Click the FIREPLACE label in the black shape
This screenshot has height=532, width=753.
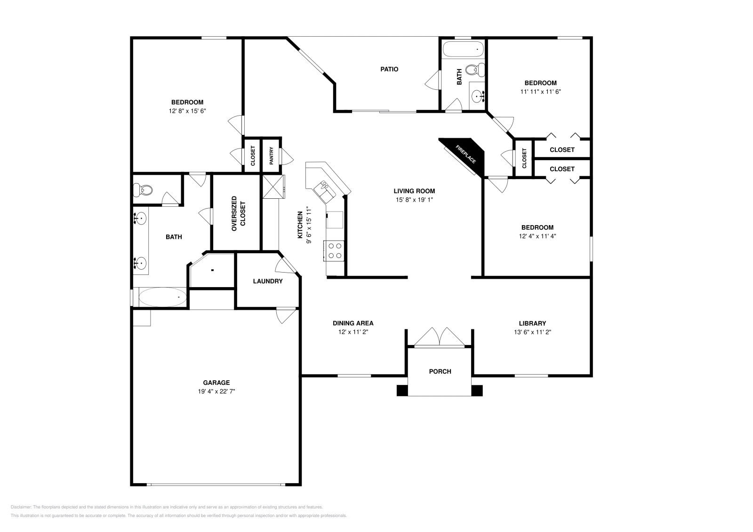click(x=465, y=154)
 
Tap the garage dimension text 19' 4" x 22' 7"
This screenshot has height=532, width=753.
click(x=216, y=391)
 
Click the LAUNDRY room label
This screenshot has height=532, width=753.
click(x=268, y=281)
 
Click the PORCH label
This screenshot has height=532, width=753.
click(x=440, y=371)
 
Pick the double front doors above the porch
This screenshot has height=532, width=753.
click(x=440, y=337)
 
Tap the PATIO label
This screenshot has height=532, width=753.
click(x=389, y=69)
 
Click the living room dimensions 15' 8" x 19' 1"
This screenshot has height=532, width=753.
click(x=414, y=200)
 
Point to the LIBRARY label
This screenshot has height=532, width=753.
click(x=532, y=323)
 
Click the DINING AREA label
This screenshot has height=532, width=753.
click(x=353, y=323)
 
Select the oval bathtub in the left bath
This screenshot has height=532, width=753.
click(x=163, y=297)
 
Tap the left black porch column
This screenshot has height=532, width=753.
click(x=402, y=390)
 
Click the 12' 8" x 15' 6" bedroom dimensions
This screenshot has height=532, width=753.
click(x=187, y=111)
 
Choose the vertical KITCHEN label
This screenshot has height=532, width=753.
click(x=300, y=225)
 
